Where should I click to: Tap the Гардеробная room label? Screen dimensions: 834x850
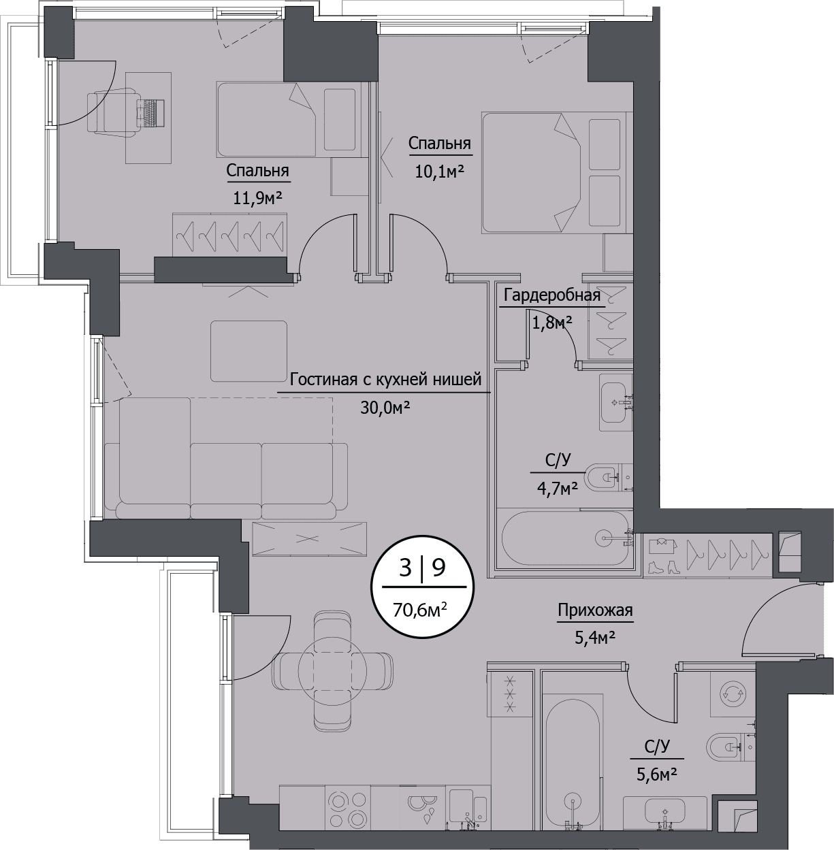coord(552,295)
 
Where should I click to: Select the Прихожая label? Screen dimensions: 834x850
coord(595,610)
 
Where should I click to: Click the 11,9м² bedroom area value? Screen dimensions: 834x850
coord(258,198)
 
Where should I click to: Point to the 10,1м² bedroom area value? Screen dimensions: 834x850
coord(440,171)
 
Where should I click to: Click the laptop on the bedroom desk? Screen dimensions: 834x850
coord(151,112)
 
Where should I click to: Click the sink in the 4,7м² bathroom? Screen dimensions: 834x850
coord(616,402)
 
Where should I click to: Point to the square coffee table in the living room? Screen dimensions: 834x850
coord(248,351)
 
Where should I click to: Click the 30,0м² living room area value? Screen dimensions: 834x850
coord(385,408)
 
